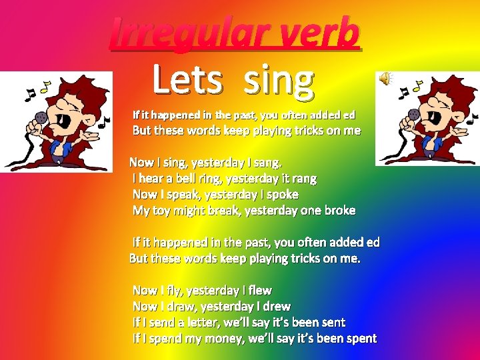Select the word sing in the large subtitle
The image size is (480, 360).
[278, 81]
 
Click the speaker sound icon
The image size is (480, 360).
[385, 79]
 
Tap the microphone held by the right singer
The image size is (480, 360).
[411, 113]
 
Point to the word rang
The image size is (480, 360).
[303, 178]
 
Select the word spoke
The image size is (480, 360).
[282, 194]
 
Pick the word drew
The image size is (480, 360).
[276, 306]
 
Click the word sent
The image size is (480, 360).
[333, 322]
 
